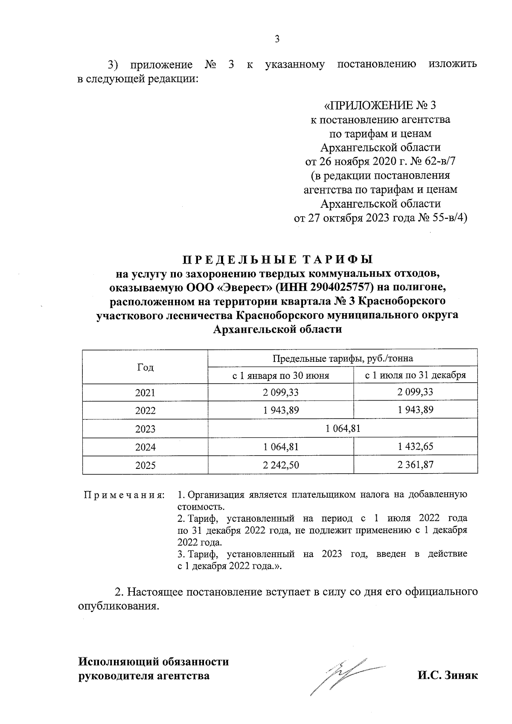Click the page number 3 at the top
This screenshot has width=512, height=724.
277,39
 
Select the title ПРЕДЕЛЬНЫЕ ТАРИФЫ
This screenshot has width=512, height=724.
277,259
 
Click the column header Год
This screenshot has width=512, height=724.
145,367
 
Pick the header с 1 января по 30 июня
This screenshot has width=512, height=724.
280,375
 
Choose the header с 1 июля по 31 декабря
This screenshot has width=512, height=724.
415,375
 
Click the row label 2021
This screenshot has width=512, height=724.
145,393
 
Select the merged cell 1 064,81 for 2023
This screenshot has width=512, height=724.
343,429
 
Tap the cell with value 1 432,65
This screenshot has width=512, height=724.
415,447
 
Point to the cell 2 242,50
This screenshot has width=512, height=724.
280,465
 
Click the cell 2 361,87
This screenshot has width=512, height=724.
415,465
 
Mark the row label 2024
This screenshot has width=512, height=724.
145,447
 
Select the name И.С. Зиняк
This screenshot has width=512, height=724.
448,676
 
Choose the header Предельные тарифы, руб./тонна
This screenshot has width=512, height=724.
343,358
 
